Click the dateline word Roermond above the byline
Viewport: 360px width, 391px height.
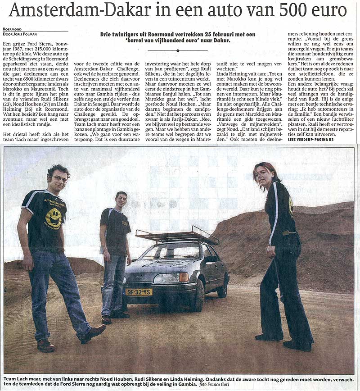(12, 29)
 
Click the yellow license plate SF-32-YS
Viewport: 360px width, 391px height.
(139, 292)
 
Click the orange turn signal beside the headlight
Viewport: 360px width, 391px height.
(184, 277)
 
